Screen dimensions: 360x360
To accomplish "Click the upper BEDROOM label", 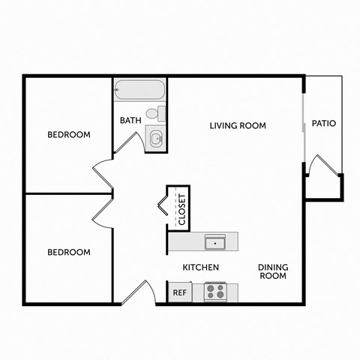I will (69, 135).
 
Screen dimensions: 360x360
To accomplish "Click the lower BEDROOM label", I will (69, 252).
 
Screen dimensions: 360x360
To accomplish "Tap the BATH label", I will (130, 120).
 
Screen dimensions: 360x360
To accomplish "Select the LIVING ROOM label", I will (237, 125).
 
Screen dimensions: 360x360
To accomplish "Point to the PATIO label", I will (323, 123).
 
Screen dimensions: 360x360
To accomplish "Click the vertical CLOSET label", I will (181, 209).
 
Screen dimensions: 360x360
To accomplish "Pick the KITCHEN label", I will (201, 268).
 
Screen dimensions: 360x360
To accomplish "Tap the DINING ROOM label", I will (273, 271).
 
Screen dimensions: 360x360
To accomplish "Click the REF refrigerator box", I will (179, 292).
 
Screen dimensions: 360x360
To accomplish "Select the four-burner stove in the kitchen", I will (216, 291).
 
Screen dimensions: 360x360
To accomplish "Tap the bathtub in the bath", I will (139, 91).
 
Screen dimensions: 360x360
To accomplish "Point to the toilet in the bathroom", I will (154, 114).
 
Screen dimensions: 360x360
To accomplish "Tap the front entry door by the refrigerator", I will (136, 292).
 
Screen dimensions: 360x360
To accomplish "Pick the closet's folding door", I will (162, 203).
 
